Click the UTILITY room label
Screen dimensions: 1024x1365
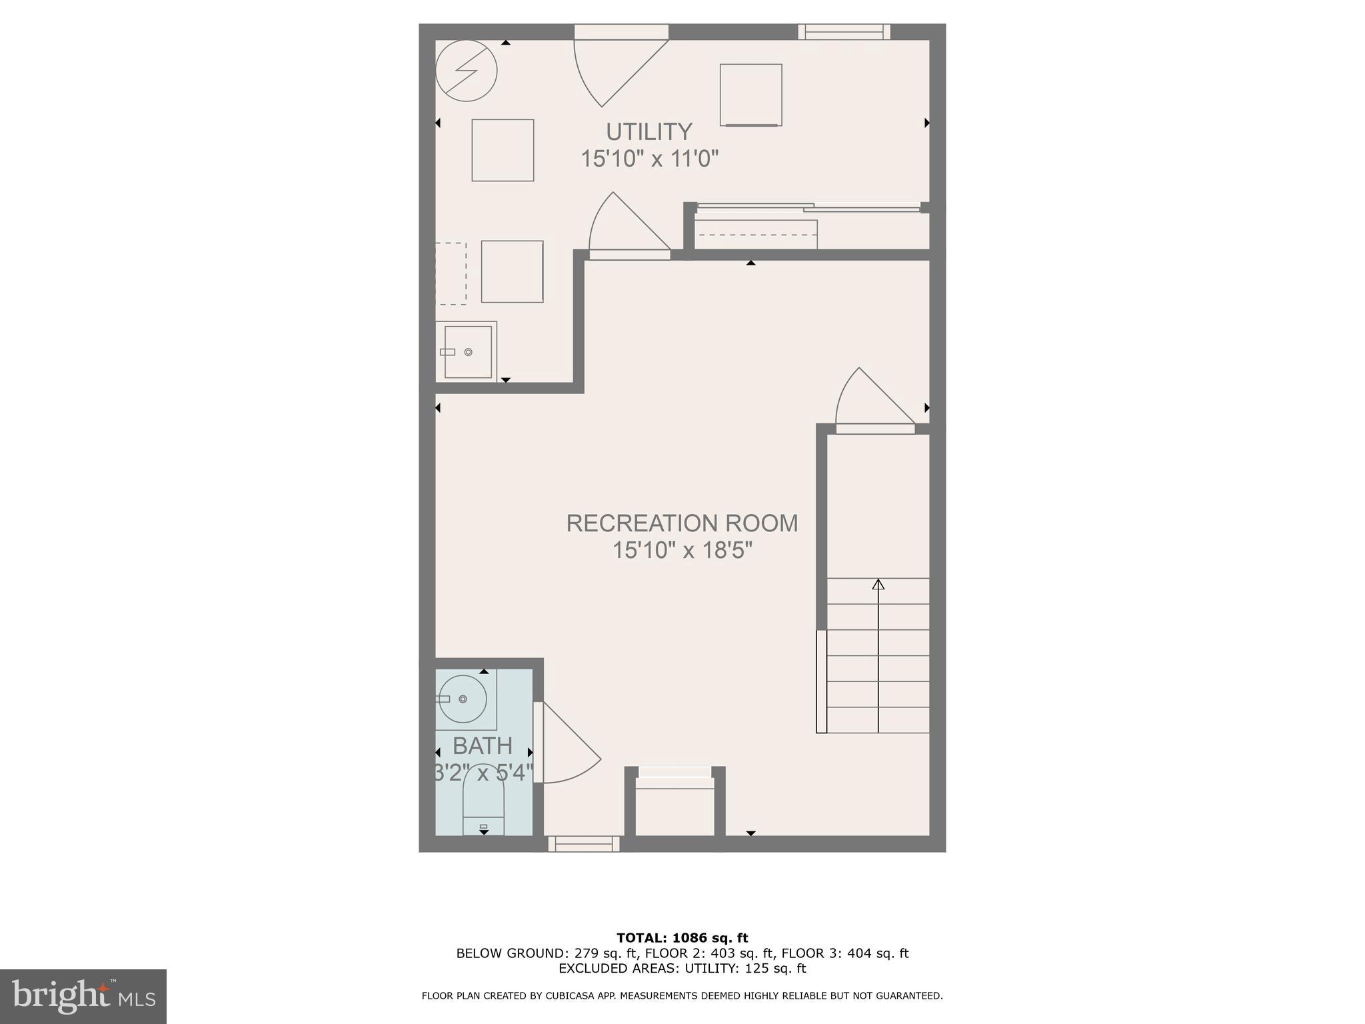tap(649, 131)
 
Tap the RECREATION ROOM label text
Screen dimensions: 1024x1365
tap(682, 523)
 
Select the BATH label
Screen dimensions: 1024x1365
tap(483, 745)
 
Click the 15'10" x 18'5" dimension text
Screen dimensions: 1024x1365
tap(682, 551)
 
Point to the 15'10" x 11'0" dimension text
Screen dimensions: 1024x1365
tap(649, 159)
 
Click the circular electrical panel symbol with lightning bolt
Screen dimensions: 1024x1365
tap(467, 71)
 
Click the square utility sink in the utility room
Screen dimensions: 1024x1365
tap(468, 352)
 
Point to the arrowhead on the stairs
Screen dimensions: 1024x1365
tap(878, 585)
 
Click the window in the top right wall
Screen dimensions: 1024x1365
tap(844, 31)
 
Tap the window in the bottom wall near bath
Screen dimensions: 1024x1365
tap(584, 844)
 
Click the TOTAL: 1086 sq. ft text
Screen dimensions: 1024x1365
tap(682, 938)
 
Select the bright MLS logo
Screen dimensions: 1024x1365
tap(83, 996)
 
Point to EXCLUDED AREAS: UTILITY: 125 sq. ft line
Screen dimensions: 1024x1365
tap(682, 968)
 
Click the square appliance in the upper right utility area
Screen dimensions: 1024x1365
tap(750, 95)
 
